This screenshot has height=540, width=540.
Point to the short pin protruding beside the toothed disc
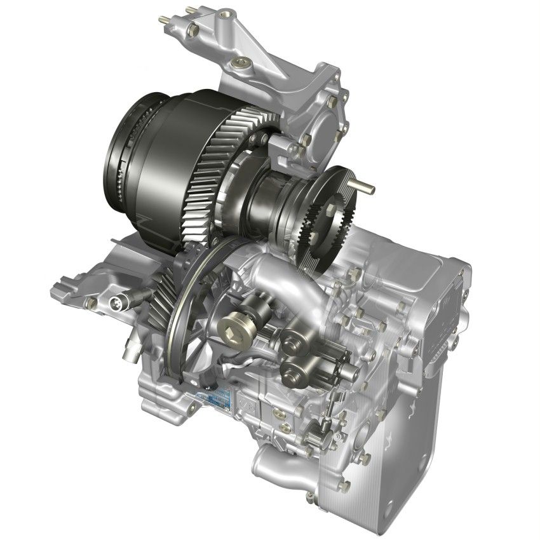point(365,187)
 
